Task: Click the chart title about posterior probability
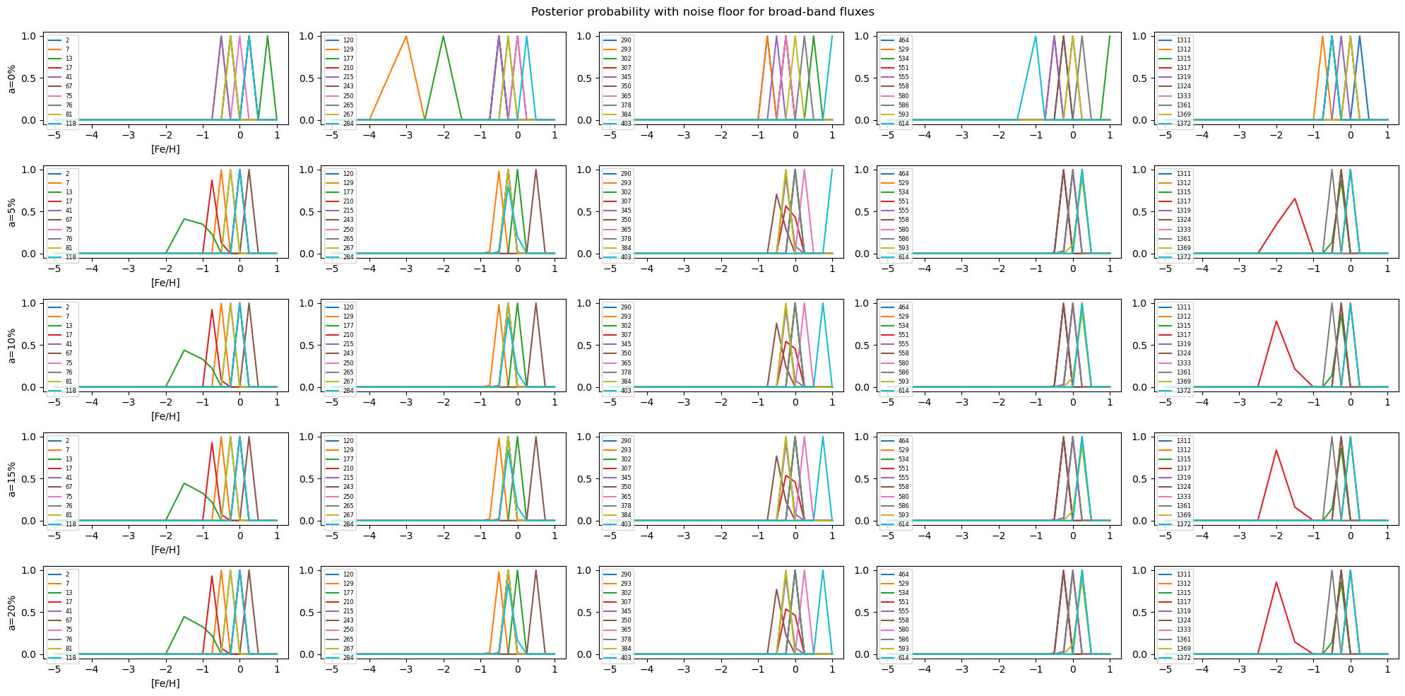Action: (x=702, y=12)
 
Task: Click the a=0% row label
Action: (x=11, y=78)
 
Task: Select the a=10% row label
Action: (x=11, y=346)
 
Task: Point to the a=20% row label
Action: (x=11, y=613)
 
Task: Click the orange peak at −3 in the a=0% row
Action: (x=406, y=36)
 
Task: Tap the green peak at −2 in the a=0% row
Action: (x=443, y=36)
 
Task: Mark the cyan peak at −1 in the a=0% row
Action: (x=1036, y=36)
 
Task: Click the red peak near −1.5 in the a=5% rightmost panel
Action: (x=1295, y=199)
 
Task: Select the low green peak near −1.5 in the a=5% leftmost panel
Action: (x=184, y=219)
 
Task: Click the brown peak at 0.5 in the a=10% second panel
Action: (x=535, y=304)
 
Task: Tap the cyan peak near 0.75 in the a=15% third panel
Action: (x=822, y=437)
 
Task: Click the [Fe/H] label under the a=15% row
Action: (x=165, y=550)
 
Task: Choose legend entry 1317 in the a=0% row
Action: (x=1183, y=68)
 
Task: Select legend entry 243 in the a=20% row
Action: (x=348, y=620)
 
